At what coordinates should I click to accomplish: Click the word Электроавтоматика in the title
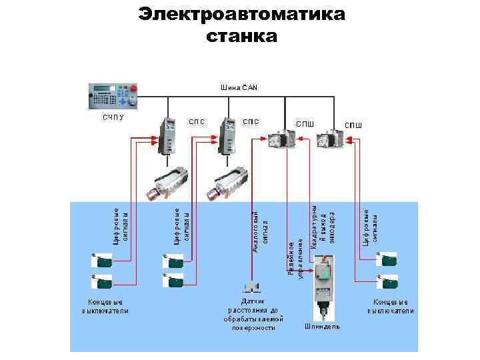242,14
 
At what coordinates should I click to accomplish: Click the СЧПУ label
113,118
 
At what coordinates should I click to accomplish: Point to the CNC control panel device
113,99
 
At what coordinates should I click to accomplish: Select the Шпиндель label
322,327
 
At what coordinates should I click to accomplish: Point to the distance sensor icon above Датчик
252,288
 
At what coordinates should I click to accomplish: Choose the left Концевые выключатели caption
105,307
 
